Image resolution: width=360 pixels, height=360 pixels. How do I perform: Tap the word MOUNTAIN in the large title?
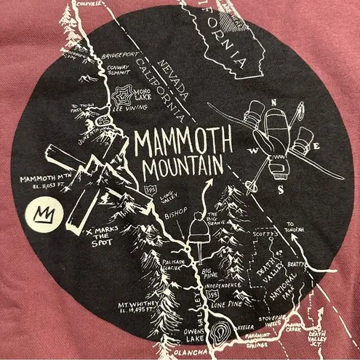183,167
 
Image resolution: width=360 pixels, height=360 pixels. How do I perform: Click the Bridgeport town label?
119,55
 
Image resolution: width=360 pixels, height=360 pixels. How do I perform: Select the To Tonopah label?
292,227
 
